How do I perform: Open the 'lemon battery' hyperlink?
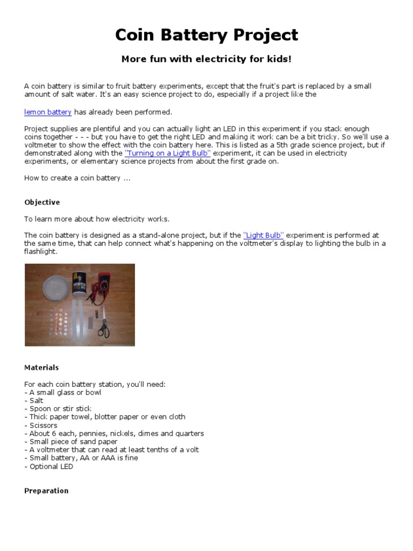[48, 112]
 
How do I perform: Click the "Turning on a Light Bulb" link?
[167, 153]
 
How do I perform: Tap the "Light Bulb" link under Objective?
[264, 235]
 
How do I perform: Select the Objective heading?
[42, 202]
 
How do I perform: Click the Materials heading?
[41, 368]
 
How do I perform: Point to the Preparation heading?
[46, 491]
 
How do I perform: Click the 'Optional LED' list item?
[51, 467]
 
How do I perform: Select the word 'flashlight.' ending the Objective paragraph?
[40, 251]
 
